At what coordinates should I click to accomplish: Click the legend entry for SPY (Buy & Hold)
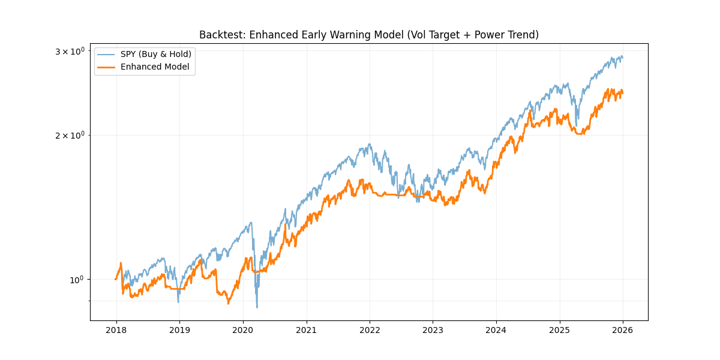point(156,54)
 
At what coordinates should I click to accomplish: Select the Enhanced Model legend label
point(155,67)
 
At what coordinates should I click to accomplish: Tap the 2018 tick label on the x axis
point(116,329)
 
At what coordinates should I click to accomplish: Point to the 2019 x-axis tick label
point(179,329)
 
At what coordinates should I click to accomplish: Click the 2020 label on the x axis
point(242,329)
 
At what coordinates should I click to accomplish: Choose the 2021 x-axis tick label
point(306,329)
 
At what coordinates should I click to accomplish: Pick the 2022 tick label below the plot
point(370,329)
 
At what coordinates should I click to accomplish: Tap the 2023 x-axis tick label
point(433,329)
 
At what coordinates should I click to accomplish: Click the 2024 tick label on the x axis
point(496,329)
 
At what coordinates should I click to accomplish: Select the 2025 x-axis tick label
point(560,329)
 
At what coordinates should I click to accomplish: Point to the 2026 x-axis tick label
point(623,329)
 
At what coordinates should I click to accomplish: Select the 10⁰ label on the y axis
point(78,280)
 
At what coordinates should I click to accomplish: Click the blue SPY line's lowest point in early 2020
point(257,308)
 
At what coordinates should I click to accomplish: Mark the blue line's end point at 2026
point(623,58)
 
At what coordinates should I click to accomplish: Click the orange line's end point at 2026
point(623,92)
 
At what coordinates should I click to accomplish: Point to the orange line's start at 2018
point(116,279)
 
